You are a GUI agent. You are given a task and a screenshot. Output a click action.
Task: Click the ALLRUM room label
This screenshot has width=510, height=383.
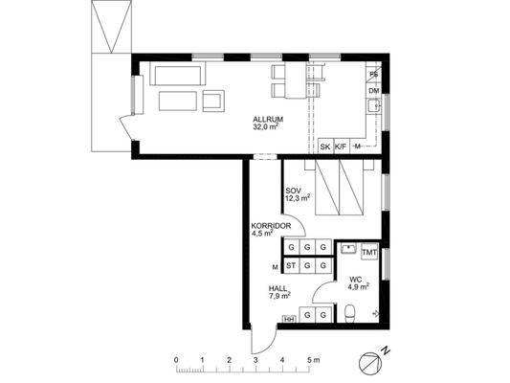(x=268, y=119)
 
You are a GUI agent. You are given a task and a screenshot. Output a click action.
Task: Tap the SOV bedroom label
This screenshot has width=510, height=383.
(x=294, y=191)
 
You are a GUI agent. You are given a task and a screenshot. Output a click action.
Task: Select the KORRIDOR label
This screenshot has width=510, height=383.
(x=271, y=226)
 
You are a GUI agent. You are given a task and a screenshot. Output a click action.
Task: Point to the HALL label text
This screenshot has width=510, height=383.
(x=277, y=288)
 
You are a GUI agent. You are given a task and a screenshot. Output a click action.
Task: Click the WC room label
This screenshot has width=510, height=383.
(x=356, y=280)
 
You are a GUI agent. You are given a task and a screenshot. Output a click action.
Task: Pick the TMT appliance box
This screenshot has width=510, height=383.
(x=369, y=252)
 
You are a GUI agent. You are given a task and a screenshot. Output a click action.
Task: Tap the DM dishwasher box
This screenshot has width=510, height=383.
(x=374, y=91)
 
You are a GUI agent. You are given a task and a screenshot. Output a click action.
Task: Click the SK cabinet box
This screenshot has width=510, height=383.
(x=325, y=146)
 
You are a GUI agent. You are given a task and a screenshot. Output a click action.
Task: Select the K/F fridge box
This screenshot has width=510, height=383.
(x=341, y=146)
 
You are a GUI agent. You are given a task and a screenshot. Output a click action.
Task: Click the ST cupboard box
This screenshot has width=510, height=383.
(x=291, y=266)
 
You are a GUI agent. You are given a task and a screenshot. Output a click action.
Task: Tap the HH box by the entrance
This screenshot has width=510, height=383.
(x=289, y=319)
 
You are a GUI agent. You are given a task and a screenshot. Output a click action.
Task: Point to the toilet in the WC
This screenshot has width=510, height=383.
(x=350, y=313)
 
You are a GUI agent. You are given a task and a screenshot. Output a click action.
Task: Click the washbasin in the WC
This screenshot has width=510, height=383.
(x=349, y=249)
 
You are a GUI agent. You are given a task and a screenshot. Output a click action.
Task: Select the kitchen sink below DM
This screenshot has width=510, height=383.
(x=374, y=105)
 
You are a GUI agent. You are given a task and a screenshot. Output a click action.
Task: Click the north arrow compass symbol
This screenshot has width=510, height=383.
(x=370, y=364)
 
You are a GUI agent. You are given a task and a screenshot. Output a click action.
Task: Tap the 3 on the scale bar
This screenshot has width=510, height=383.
(x=256, y=360)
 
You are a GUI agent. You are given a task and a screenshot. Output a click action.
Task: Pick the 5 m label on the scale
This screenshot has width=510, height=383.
(x=313, y=360)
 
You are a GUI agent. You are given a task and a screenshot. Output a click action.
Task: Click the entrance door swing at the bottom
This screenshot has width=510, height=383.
(x=264, y=340)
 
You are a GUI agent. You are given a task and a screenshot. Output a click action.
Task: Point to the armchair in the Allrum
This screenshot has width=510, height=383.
(x=213, y=101)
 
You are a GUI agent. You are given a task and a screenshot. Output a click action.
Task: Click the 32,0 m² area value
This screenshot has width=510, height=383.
(x=266, y=126)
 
